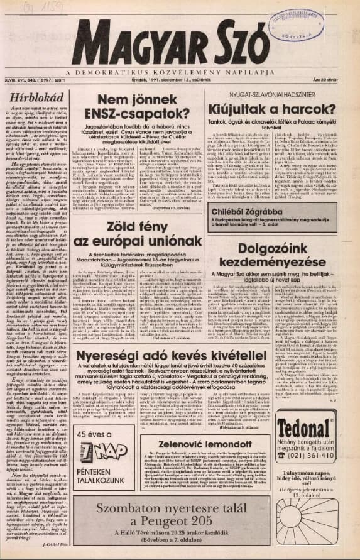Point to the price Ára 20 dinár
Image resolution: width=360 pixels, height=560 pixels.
pyautogui.click(x=336, y=80)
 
